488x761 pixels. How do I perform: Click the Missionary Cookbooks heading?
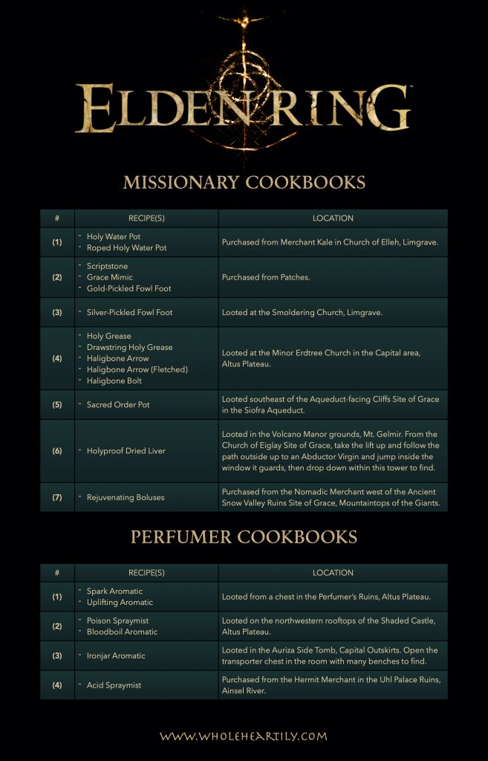[x=244, y=182]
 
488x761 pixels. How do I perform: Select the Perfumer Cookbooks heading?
[x=244, y=537]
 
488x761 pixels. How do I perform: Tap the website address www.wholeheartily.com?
[x=244, y=736]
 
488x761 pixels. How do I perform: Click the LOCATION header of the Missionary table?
[x=333, y=218]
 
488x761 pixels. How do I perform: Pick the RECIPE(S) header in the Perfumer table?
[x=146, y=573]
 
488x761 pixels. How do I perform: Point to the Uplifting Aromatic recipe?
[x=120, y=602]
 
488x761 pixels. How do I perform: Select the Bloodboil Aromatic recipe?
[x=122, y=632]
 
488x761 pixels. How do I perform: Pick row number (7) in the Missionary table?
[x=57, y=497]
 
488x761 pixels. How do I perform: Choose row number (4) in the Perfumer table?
[x=57, y=685]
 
